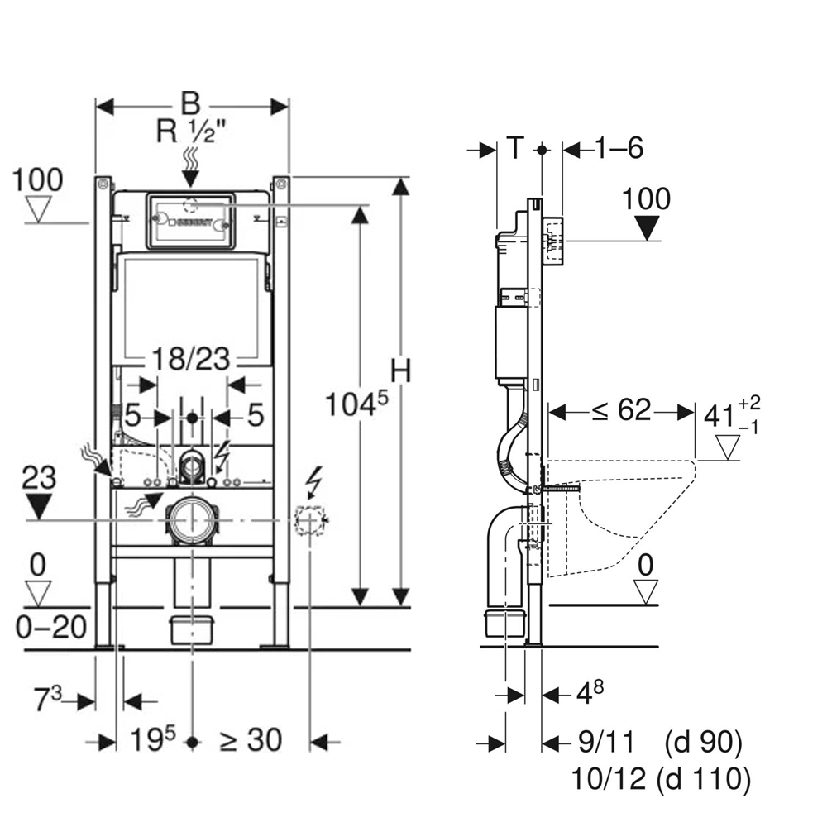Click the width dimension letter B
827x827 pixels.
[x=191, y=104]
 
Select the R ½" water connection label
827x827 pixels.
[x=190, y=131]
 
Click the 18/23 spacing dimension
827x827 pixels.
[x=191, y=361]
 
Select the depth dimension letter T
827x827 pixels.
[x=514, y=149]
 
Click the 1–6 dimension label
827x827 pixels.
[x=618, y=149]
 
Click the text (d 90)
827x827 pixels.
[x=703, y=743]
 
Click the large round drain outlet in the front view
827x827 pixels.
[x=192, y=520]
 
